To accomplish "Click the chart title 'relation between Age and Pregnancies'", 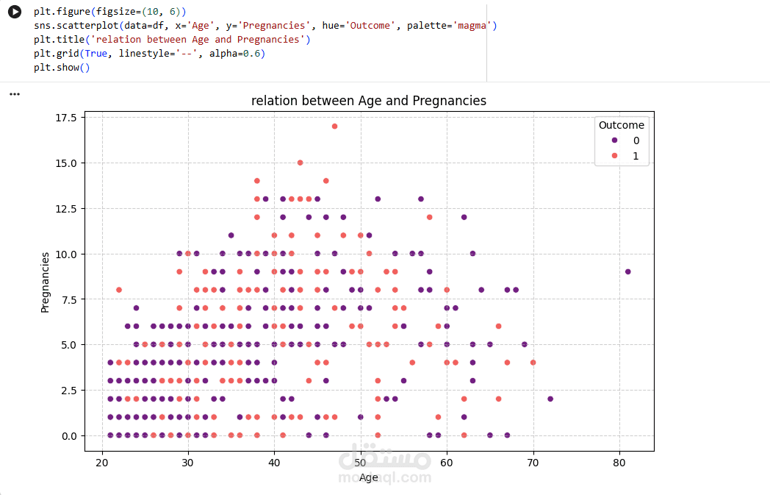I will pyautogui.click(x=368, y=101).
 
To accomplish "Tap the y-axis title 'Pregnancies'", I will pyautogui.click(x=46, y=282).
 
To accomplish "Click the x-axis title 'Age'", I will pyautogui.click(x=368, y=477).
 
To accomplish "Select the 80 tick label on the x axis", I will pyautogui.click(x=619, y=461).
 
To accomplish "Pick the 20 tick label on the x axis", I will pyautogui.click(x=102, y=461).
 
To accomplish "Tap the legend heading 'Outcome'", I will pyautogui.click(x=621, y=125).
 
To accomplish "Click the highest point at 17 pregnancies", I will pyautogui.click(x=334, y=127).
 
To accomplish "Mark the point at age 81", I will pyautogui.click(x=627, y=271).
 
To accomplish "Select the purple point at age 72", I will pyautogui.click(x=550, y=399).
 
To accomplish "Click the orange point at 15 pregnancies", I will pyautogui.click(x=300, y=163).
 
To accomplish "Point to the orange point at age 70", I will pyautogui.click(x=533, y=363).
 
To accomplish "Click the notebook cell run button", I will pyautogui.click(x=15, y=13).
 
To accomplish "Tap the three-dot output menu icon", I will pyautogui.click(x=15, y=94).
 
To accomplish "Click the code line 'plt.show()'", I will pyautogui.click(x=61, y=68).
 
